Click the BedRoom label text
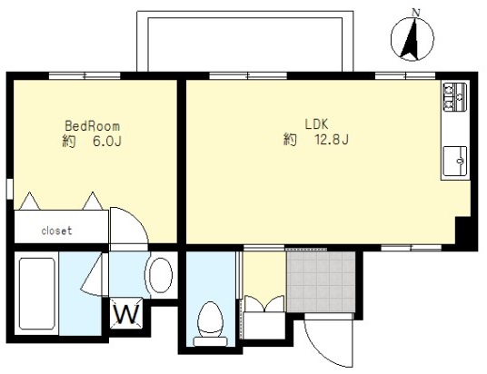[93, 126]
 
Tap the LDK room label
[316, 124]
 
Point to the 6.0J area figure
[107, 142]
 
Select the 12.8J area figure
[332, 140]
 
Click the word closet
[56, 231]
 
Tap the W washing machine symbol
[126, 313]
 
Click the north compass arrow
[411, 39]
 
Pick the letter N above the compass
[415, 13]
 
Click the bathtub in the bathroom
[37, 293]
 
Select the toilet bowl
[211, 320]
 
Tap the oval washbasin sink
[160, 275]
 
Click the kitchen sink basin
[455, 161]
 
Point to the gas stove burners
[455, 97]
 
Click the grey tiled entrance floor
[321, 281]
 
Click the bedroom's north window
[84, 75]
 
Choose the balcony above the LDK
[245, 41]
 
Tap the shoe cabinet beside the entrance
[264, 325]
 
